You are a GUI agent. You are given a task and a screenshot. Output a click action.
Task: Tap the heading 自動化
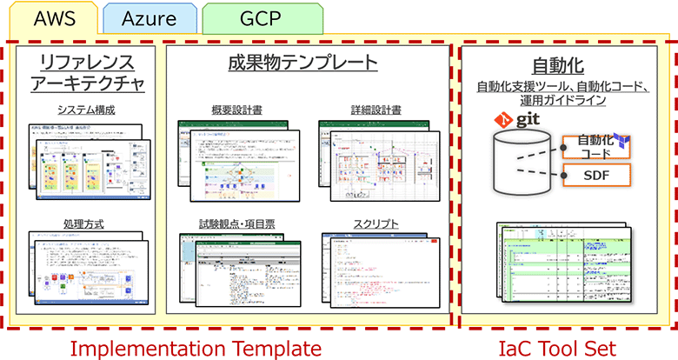(556, 66)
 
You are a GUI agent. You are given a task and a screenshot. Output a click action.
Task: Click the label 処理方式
(84, 223)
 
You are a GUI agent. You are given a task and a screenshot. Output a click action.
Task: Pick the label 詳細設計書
(376, 110)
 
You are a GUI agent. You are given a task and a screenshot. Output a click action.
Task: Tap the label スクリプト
(376, 223)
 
